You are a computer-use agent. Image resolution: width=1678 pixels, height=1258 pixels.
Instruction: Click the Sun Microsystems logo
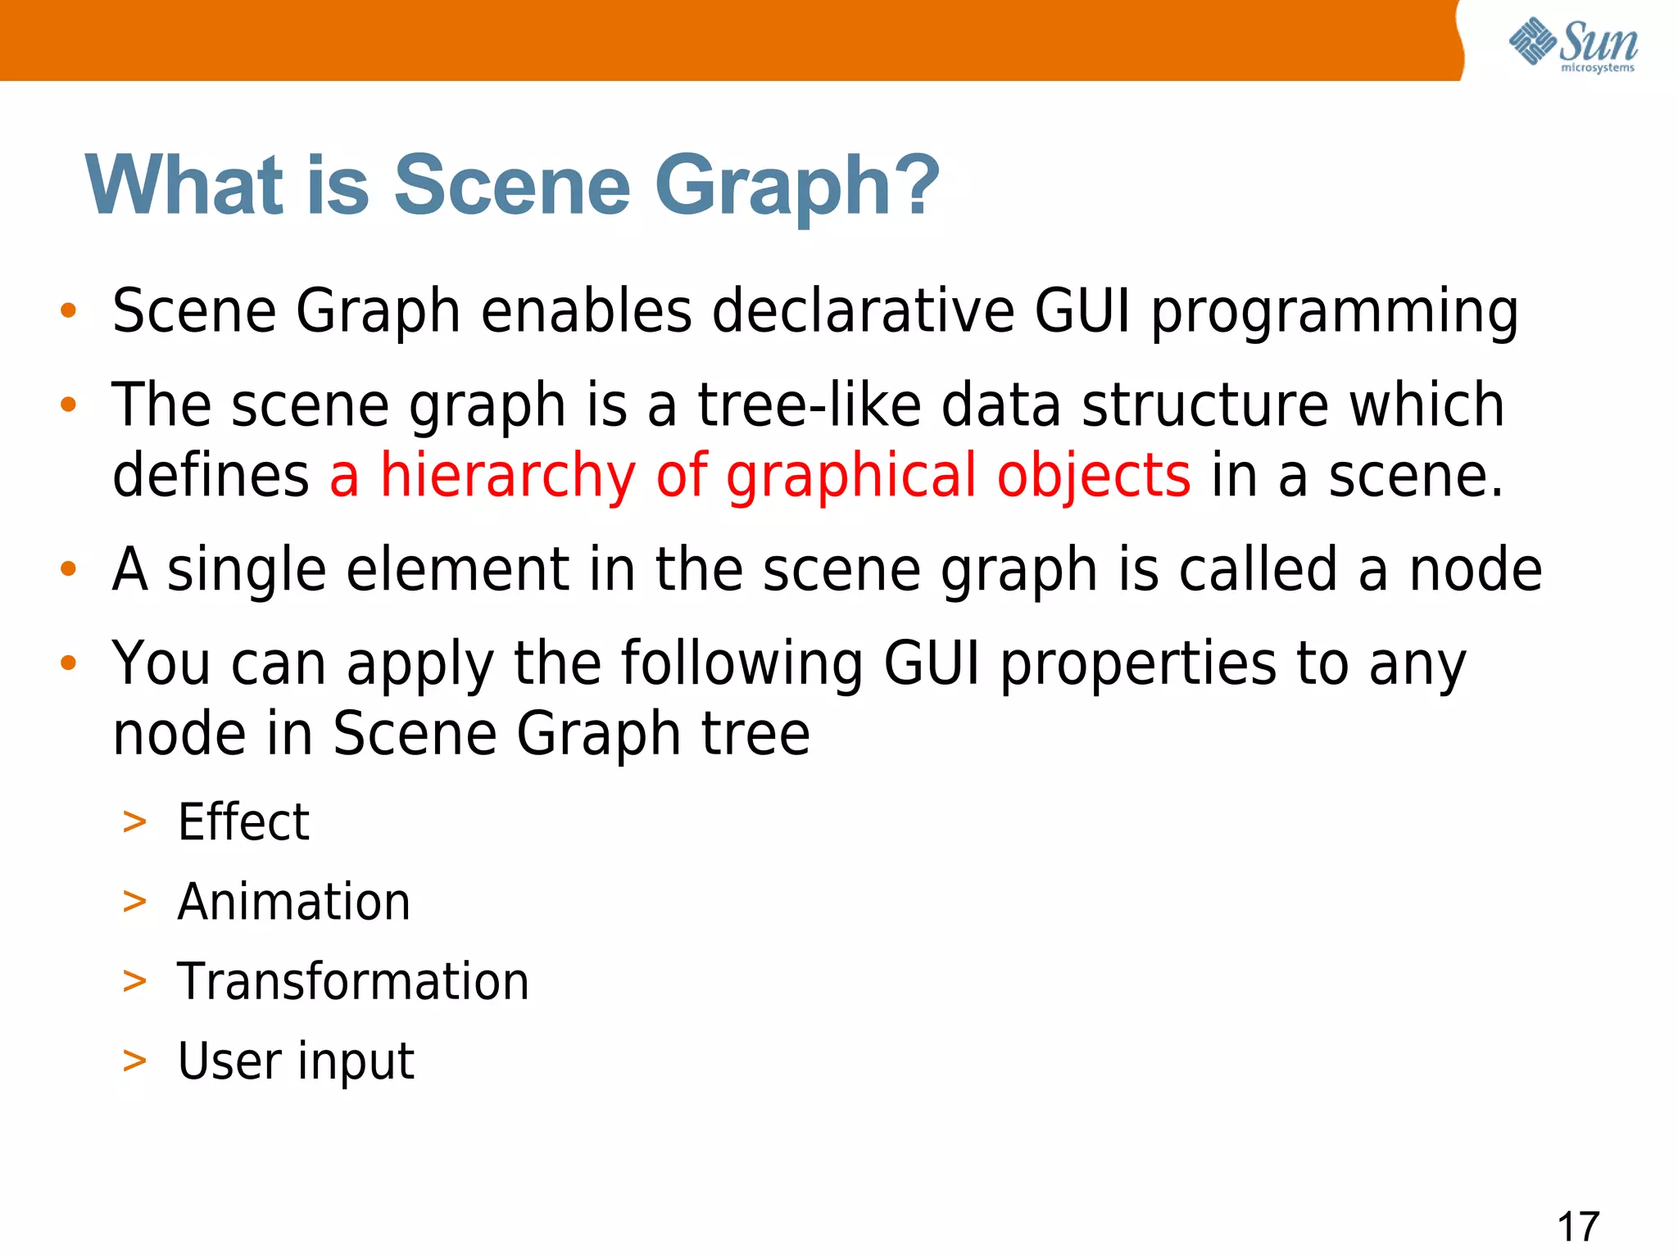[x=1572, y=44]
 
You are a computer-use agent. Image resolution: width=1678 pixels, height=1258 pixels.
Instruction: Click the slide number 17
[x=1577, y=1226]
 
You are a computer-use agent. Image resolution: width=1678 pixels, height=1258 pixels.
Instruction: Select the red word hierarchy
[x=508, y=477]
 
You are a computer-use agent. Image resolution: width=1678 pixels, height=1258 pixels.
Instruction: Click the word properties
[x=1138, y=665]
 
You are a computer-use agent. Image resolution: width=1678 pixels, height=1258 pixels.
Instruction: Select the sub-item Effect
[x=243, y=821]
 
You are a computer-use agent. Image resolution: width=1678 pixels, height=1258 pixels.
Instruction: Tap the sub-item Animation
[x=293, y=902]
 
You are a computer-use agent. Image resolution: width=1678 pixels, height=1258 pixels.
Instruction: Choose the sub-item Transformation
[x=353, y=981]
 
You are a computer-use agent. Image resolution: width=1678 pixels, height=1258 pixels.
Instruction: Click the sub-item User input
[x=296, y=1061]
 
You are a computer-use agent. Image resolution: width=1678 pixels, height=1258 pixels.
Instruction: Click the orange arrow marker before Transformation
[x=134, y=980]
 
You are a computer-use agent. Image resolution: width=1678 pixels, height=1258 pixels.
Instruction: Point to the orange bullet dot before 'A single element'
[x=69, y=568]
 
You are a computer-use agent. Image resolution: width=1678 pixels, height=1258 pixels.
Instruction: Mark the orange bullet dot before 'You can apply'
[x=69, y=662]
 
